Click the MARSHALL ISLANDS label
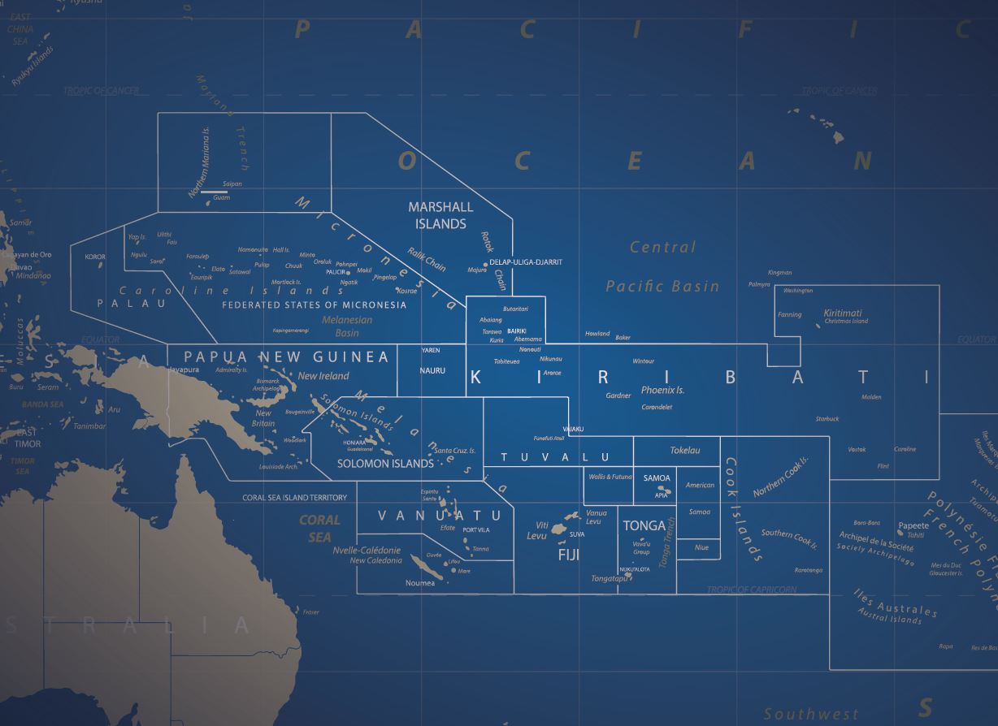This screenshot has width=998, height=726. [440, 215]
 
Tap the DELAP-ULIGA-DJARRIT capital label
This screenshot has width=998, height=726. [526, 262]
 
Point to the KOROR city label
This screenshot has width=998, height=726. [95, 257]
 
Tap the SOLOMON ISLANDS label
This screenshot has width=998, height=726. [385, 464]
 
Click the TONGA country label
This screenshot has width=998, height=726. [644, 526]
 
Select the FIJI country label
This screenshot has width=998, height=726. [569, 555]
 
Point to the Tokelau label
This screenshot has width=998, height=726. [684, 450]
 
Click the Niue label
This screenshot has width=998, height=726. [701, 547]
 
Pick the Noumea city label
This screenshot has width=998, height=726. [420, 583]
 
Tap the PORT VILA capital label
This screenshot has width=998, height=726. [476, 529]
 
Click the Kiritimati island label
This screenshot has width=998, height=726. [843, 313]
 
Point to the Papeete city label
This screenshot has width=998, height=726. [913, 526]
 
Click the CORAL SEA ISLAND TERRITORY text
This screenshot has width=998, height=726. [294, 498]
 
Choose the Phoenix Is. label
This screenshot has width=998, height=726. [662, 391]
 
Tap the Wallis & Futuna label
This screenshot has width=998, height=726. [609, 477]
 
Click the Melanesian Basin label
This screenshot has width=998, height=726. [347, 326]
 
